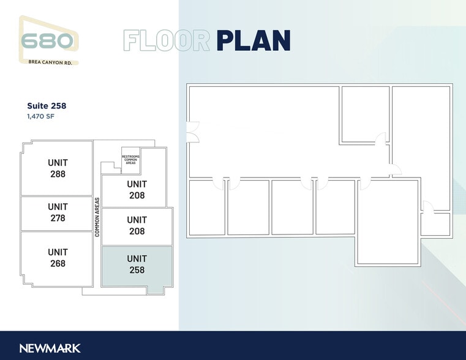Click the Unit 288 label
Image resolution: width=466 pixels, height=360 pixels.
click(58, 168)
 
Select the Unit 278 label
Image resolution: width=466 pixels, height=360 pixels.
click(58, 212)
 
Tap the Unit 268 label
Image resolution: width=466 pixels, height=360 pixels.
click(58, 258)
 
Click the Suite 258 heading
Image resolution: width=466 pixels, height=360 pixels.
click(47, 106)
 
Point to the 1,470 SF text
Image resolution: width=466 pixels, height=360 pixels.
click(40, 116)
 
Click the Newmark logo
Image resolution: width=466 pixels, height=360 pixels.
click(50, 348)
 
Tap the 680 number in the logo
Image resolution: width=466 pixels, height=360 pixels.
click(47, 41)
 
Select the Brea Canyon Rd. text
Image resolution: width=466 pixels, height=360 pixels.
click(50, 62)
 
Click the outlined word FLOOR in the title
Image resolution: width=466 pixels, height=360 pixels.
click(167, 40)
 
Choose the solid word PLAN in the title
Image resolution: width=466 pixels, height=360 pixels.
click(254, 40)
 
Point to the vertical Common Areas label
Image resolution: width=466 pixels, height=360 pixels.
click(97, 217)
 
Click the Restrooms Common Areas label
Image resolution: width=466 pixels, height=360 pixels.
click(130, 160)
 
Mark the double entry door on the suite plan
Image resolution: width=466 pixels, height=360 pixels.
click(193, 132)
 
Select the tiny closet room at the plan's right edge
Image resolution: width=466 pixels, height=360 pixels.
click(435, 224)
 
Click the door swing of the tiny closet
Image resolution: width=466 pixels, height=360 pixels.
click(428, 207)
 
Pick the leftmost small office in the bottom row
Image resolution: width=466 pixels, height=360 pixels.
click(207, 208)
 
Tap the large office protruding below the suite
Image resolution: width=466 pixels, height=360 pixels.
click(388, 222)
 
